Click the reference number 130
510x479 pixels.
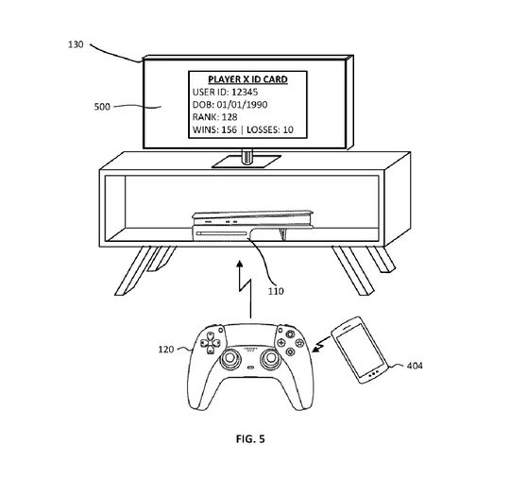pyautogui.click(x=76, y=44)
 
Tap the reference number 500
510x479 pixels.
pyautogui.click(x=102, y=107)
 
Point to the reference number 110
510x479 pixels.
pyautogui.click(x=276, y=291)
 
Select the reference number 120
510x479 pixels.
pyautogui.click(x=166, y=350)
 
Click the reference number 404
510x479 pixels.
pyautogui.click(x=415, y=366)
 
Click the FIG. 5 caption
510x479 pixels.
pyautogui.click(x=250, y=439)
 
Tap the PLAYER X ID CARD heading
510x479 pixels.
pyautogui.click(x=247, y=79)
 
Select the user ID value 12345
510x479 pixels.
pyautogui.click(x=245, y=92)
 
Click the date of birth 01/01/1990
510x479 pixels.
pyautogui.click(x=242, y=105)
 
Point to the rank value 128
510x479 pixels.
pyautogui.click(x=229, y=117)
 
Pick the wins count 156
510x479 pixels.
pyautogui.click(x=229, y=129)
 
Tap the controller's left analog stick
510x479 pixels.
pyautogui.click(x=230, y=358)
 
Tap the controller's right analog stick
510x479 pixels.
pyautogui.click(x=270, y=358)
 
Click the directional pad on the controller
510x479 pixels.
pyautogui.click(x=211, y=343)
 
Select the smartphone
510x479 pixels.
pyautogui.click(x=360, y=351)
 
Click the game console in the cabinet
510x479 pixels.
pyautogui.click(x=253, y=226)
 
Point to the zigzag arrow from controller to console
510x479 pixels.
pyautogui.click(x=245, y=289)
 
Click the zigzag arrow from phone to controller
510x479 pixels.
pyautogui.click(x=321, y=345)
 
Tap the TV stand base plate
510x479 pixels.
pyautogui.click(x=246, y=162)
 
